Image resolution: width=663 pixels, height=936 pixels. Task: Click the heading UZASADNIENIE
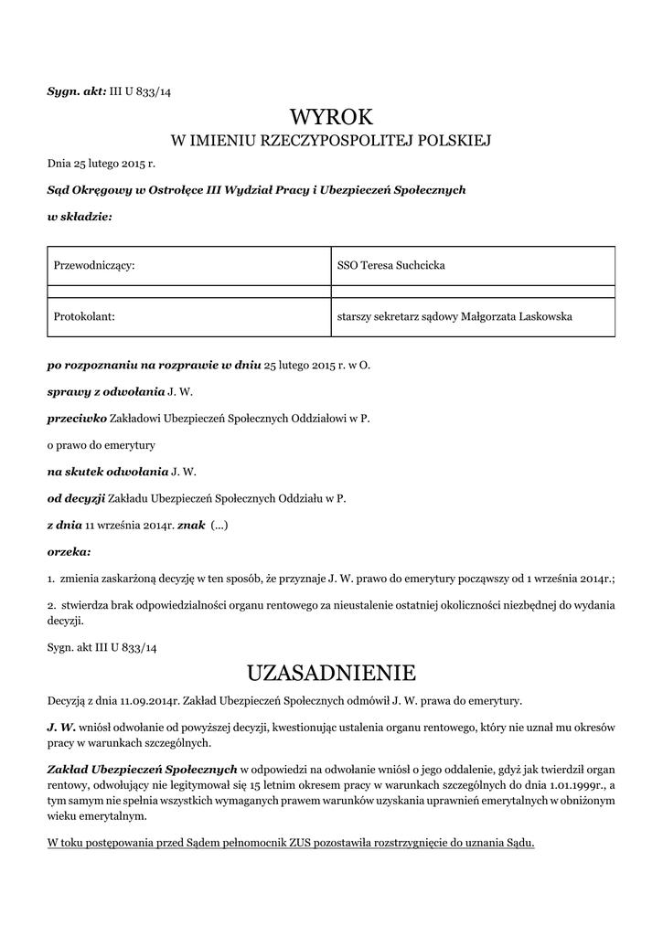tap(331, 674)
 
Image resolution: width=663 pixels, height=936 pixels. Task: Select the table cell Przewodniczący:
tap(95, 265)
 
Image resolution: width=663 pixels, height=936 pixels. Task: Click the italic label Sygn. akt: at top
tap(76, 93)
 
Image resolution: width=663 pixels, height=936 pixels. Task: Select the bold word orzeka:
tap(69, 552)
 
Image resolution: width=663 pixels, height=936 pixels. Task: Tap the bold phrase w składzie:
tap(80, 217)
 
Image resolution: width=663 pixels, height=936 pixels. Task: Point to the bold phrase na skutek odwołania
tap(108, 472)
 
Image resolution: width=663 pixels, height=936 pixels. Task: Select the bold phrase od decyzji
tap(76, 498)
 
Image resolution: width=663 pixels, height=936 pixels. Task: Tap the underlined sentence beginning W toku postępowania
tap(291, 841)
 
